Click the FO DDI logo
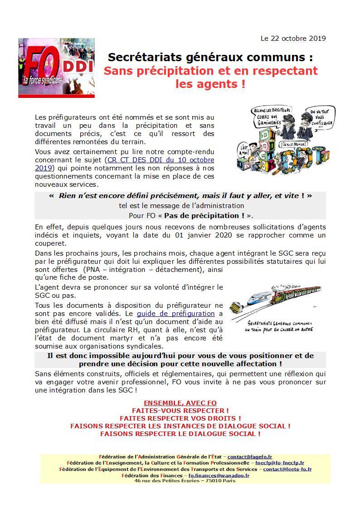tap(56, 68)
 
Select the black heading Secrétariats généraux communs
tap(210, 58)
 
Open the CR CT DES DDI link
tap(160, 160)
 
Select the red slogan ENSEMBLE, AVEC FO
tap(180, 403)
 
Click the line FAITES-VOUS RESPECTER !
tap(180, 411)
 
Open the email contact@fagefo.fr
tap(249, 457)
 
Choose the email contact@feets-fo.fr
tap(287, 469)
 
